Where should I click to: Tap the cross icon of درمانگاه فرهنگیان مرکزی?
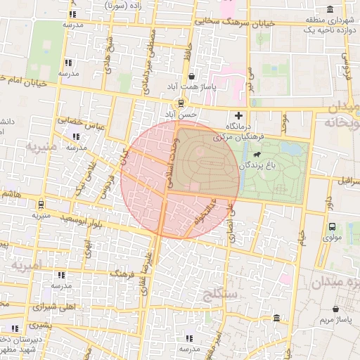239,115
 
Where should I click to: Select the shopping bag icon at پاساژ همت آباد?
192,76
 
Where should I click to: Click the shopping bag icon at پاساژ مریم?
335,309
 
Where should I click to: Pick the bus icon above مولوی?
332,226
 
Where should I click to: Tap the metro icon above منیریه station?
41,205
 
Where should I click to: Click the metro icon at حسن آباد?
182,103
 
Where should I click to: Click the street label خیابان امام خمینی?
28,82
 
